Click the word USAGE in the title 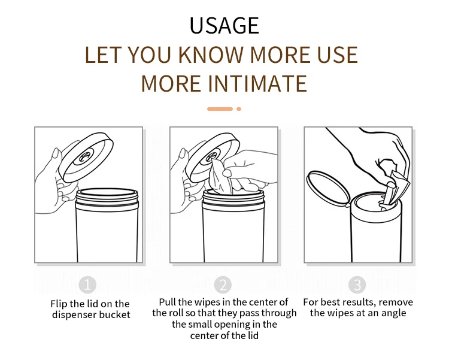tap(224, 26)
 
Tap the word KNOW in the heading tap(212, 55)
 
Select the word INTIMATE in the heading tap(257, 84)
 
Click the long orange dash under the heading tap(220, 109)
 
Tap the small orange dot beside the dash tap(239, 109)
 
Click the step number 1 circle tap(87, 285)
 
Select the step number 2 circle tap(223, 285)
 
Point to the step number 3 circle tap(357, 285)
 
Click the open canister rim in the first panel tap(107, 192)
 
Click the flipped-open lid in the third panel tap(328, 188)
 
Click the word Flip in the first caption tap(59, 304)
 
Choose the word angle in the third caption tap(393, 313)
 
